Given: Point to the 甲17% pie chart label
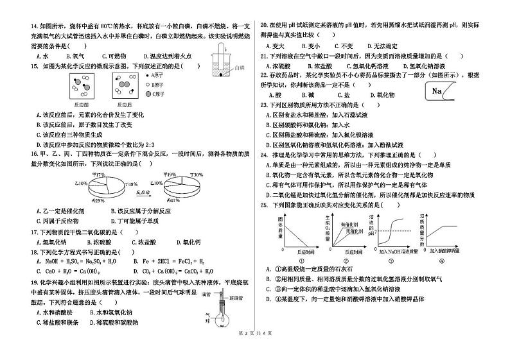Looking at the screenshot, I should (x=98, y=174).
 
